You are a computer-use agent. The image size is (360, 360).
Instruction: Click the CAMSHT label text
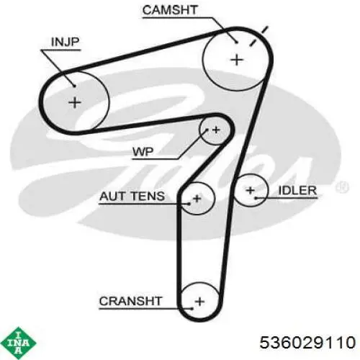click(170, 10)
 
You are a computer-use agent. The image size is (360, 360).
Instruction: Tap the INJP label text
click(65, 42)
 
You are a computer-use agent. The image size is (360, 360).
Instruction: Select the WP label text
click(143, 152)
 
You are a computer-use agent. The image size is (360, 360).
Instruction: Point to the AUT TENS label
click(132, 196)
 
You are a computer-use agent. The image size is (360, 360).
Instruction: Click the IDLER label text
click(297, 191)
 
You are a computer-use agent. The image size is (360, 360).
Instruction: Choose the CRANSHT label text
click(131, 301)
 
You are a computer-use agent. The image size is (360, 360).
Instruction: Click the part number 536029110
click(307, 342)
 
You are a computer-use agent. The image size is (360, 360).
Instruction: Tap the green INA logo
click(19, 343)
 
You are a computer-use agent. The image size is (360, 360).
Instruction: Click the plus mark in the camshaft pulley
click(237, 60)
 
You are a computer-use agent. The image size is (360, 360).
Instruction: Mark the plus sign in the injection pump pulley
click(75, 103)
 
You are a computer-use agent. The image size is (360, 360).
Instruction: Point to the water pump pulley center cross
click(216, 130)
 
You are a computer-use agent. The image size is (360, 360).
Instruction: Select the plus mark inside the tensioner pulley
click(197, 198)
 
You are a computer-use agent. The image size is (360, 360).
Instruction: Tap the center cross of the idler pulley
click(251, 191)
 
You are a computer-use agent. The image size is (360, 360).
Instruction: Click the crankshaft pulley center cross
click(199, 302)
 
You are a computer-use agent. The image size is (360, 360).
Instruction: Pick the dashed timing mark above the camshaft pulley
click(258, 36)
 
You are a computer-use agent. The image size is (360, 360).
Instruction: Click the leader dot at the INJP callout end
click(74, 86)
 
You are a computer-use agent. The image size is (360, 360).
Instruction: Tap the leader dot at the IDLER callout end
click(256, 198)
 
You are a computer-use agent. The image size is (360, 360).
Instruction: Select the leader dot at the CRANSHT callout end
click(192, 308)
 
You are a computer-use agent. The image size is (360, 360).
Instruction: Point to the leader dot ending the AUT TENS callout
click(189, 204)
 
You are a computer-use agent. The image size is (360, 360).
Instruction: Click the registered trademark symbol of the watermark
click(342, 186)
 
